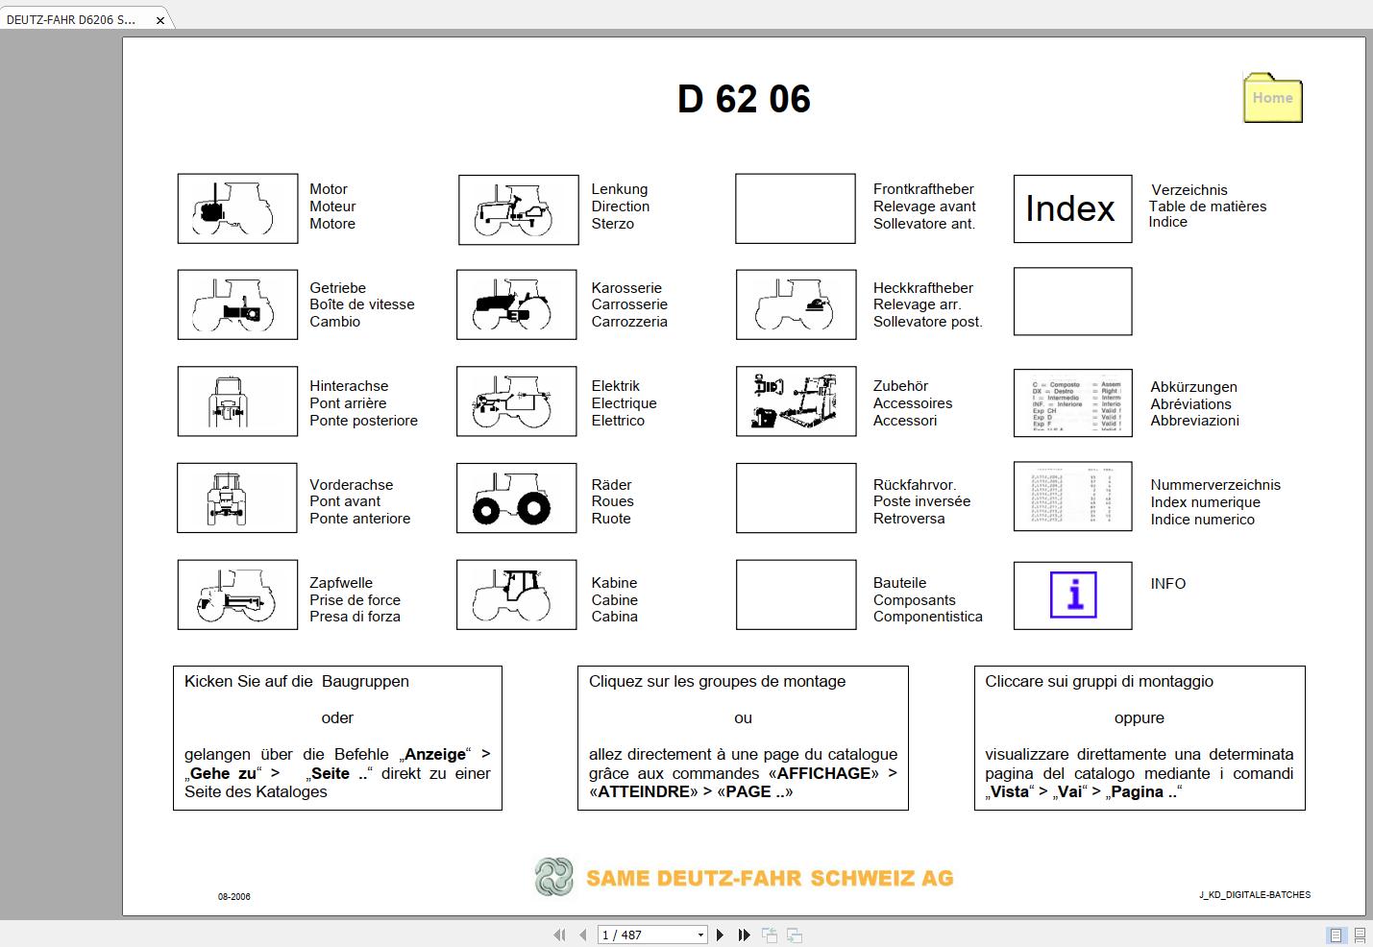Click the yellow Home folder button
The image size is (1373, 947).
(1272, 98)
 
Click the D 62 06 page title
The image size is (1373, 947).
(744, 99)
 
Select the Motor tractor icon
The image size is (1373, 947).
(237, 208)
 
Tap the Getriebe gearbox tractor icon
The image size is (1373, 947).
(237, 304)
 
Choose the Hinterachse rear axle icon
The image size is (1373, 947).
(237, 401)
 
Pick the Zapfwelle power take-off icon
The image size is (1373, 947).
(237, 595)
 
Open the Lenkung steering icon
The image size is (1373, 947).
(518, 209)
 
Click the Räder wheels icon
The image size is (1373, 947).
(517, 498)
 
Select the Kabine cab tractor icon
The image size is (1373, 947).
(517, 595)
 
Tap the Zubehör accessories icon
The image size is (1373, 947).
(796, 401)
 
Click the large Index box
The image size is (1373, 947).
(1072, 208)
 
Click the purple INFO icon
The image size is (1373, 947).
(1073, 595)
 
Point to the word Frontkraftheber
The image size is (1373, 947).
(922, 189)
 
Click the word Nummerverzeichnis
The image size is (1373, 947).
(1214, 485)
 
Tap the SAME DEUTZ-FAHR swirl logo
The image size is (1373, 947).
(554, 877)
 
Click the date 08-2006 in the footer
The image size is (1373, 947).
(233, 896)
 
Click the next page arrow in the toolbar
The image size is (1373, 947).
(721, 935)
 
